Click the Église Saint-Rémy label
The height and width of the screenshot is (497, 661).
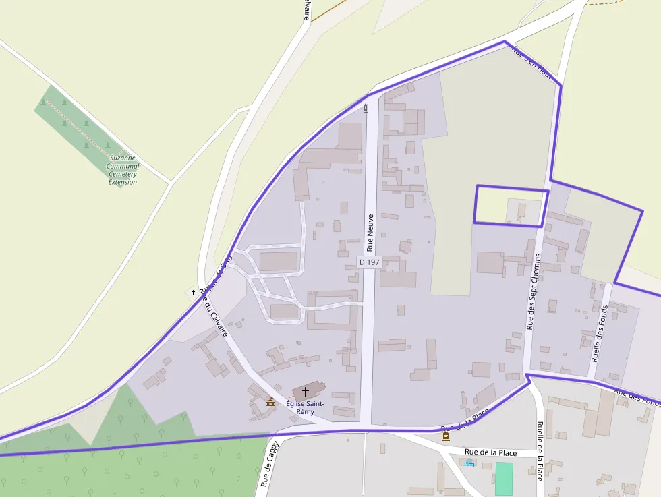(x=305, y=407)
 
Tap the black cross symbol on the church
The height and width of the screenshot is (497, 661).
(x=306, y=391)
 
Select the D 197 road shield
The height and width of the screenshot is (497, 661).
(x=369, y=262)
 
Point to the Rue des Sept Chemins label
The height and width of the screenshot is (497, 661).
(x=534, y=291)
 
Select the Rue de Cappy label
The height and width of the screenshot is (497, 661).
(x=268, y=465)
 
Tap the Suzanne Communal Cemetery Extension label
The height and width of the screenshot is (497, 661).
(x=123, y=169)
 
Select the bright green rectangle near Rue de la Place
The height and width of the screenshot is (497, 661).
(x=504, y=478)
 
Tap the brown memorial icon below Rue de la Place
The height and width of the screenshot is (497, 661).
(x=445, y=436)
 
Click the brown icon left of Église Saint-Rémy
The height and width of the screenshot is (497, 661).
(x=270, y=402)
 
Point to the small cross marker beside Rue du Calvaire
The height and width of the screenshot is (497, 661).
(x=193, y=293)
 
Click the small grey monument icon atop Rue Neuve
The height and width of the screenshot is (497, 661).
(x=366, y=107)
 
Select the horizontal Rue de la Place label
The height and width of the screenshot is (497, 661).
(x=491, y=452)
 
